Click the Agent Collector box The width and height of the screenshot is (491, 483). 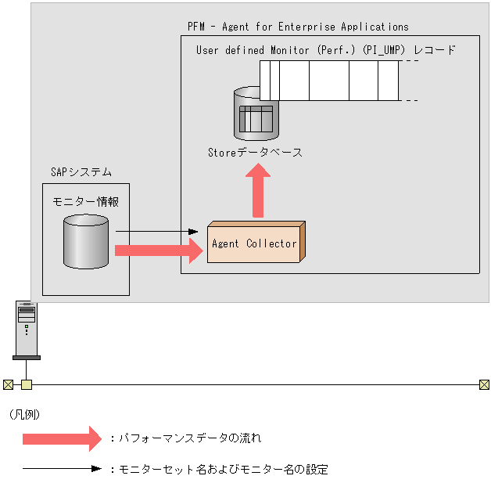point(255,243)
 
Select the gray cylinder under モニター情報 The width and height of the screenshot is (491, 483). point(85,242)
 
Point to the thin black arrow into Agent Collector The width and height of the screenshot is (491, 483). point(156,232)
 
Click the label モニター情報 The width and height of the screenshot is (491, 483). point(85,201)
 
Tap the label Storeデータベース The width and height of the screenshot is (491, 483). point(255,153)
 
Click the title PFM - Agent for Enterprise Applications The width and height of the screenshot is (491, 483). point(298,27)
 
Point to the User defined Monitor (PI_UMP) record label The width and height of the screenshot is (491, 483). point(325,49)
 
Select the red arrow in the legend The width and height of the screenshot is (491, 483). point(62,439)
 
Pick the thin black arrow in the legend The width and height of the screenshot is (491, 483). point(62,470)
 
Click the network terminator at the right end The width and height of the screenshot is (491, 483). point(484,384)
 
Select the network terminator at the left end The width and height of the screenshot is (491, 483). point(8,384)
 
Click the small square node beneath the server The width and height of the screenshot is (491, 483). point(27,384)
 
